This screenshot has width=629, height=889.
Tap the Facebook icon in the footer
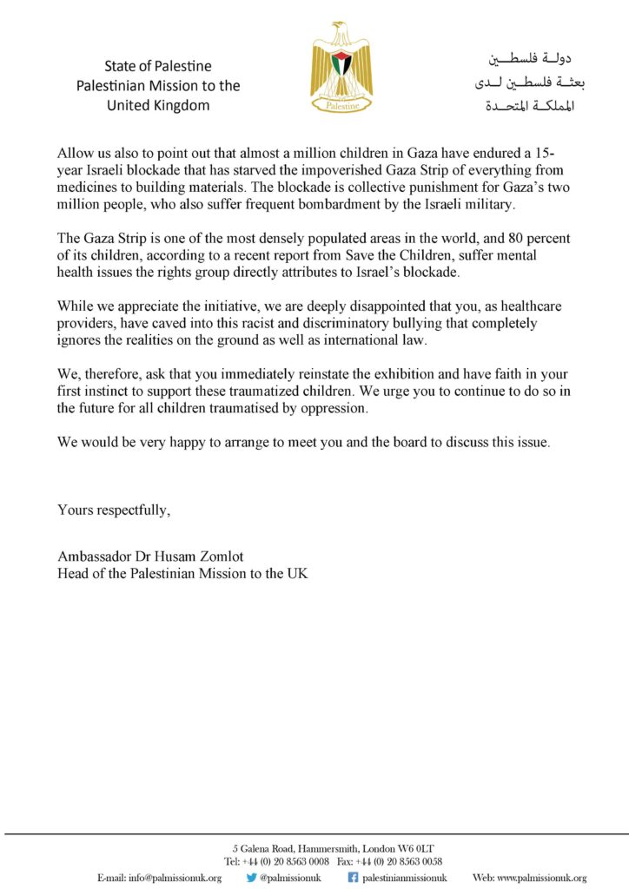point(354,878)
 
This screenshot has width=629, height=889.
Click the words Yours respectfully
point(114,510)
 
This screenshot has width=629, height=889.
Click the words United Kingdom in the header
point(158,106)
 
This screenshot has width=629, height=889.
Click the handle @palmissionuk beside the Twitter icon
point(290,878)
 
